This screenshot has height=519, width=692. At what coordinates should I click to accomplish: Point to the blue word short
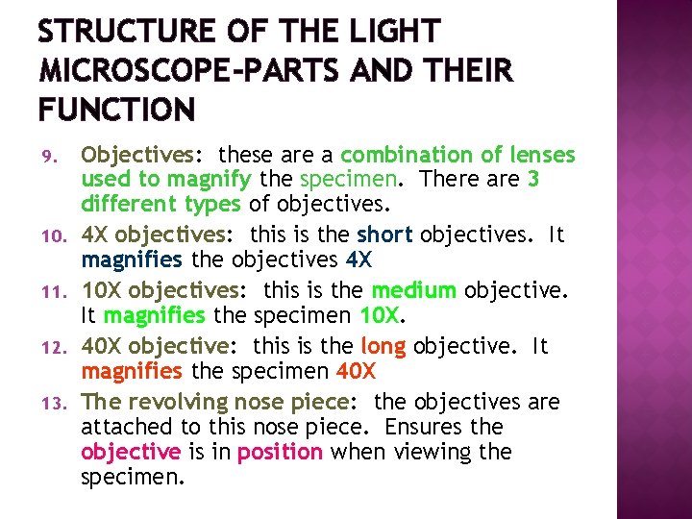[x=385, y=235]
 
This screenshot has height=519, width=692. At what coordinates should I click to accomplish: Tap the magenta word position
[x=280, y=453]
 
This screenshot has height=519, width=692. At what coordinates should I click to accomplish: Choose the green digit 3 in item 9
[x=533, y=180]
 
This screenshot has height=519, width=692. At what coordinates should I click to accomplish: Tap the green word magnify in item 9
[x=209, y=180]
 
